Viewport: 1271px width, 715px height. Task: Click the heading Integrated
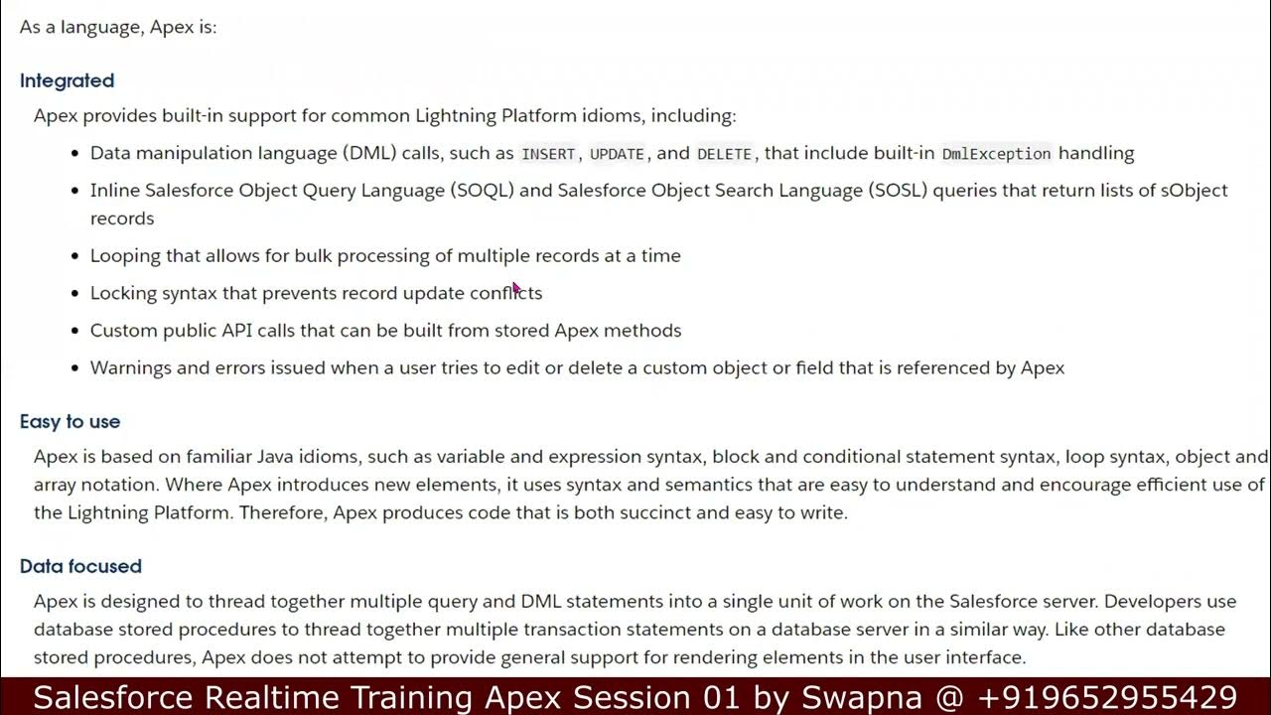click(67, 80)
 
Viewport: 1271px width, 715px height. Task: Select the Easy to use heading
click(70, 421)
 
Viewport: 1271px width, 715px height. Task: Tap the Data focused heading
click(80, 566)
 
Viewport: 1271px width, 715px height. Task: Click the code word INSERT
click(548, 154)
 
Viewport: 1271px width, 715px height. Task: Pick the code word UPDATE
click(617, 154)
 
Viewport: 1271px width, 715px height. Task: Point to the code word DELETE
click(725, 154)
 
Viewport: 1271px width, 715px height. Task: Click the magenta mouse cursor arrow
click(515, 288)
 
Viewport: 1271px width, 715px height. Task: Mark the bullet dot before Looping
click(75, 256)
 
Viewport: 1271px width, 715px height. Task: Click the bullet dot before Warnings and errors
click(75, 368)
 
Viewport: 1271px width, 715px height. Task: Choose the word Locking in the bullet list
click(123, 293)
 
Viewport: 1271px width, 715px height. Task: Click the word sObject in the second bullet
click(1195, 190)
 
